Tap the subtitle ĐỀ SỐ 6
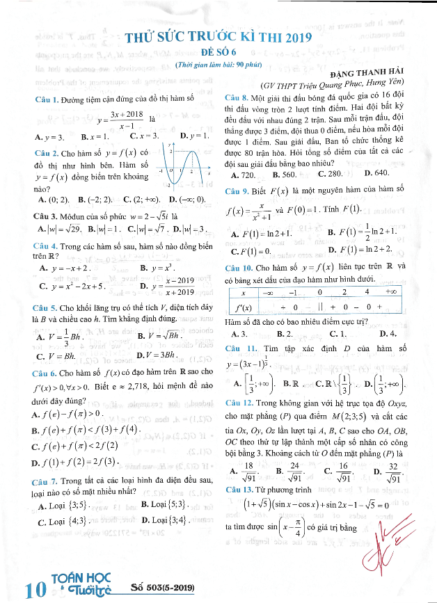(218, 54)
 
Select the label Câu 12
(239, 402)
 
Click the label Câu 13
(239, 492)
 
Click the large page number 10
(33, 590)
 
